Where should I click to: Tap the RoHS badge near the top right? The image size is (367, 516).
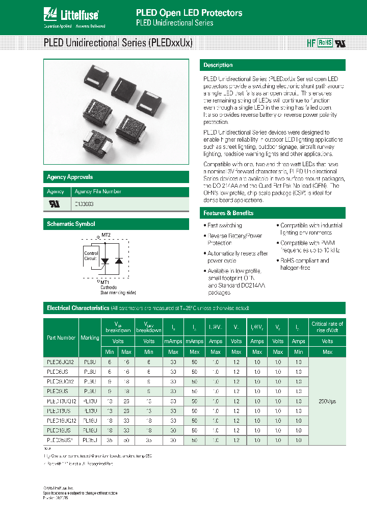coord(325,43)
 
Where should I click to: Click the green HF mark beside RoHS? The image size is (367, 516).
coord(311,44)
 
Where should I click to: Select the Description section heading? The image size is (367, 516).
coord(218,65)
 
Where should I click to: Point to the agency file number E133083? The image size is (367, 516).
coord(84,204)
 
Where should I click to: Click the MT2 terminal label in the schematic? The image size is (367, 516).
coord(106,235)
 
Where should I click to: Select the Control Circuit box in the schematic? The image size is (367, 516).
coord(91,256)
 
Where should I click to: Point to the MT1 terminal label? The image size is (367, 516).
coord(104,282)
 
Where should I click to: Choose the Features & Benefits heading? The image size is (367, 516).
coord(228,213)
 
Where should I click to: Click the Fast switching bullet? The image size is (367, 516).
coord(224,225)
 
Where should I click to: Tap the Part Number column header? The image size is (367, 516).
coord(61,338)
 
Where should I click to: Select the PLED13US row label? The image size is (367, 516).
coord(61,410)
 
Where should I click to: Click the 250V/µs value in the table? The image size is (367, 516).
coord(327,401)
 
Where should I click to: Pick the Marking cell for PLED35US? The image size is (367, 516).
coord(90,440)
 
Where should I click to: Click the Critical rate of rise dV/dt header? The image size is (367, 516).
coord(327,327)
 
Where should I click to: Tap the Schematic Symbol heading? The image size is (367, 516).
coord(71,224)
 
